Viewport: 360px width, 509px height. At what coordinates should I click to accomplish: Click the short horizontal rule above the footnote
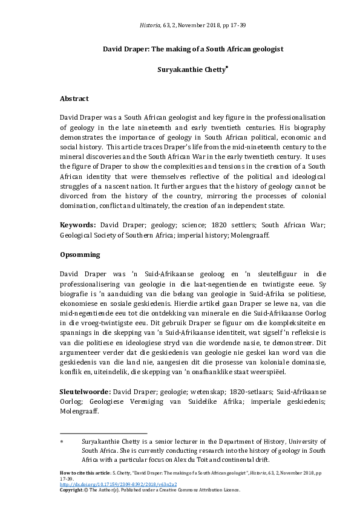click(x=103, y=433)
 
